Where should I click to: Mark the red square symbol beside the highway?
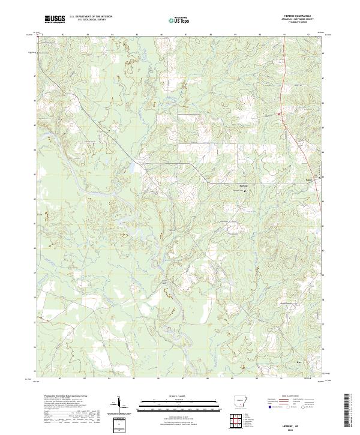click(x=279, y=114)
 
